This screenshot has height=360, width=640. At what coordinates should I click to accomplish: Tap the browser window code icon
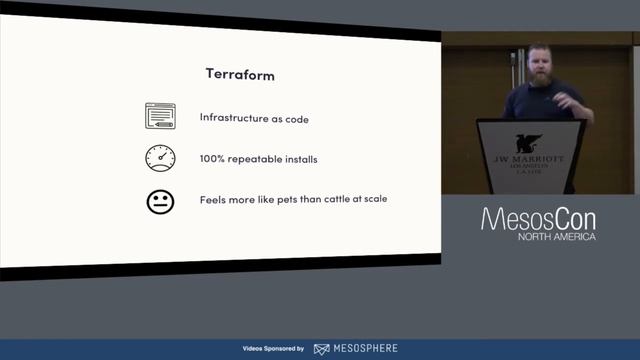tap(160, 117)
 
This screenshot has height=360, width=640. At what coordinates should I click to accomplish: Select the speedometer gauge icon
tap(160, 158)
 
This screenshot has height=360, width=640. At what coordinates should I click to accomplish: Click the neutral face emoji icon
tap(160, 201)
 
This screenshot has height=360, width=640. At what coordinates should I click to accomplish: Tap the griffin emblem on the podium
tap(530, 144)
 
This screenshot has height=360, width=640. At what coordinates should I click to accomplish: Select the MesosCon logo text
tap(538, 218)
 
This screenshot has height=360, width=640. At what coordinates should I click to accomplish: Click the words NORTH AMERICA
tap(556, 237)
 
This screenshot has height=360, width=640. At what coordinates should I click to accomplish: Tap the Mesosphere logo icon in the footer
tap(321, 349)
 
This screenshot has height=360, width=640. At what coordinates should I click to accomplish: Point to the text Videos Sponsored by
tap(273, 349)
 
